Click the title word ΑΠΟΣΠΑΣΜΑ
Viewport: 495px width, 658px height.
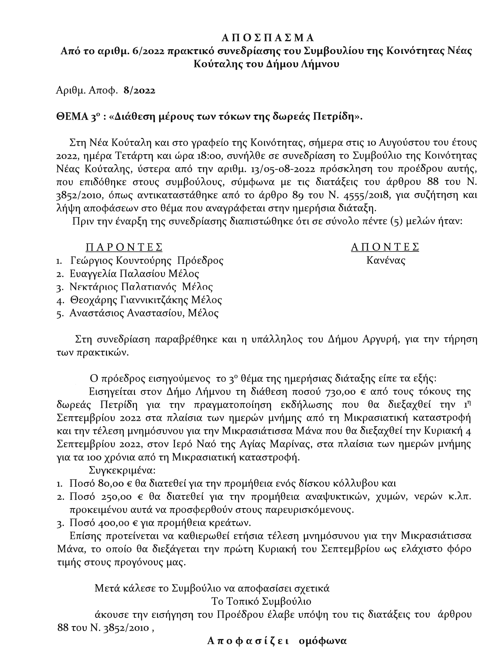[x=268, y=38]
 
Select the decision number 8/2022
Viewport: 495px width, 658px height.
[x=139, y=91]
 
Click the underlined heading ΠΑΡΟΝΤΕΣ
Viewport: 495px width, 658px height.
[x=124, y=247]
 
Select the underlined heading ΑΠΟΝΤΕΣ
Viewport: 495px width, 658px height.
[x=385, y=247]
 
